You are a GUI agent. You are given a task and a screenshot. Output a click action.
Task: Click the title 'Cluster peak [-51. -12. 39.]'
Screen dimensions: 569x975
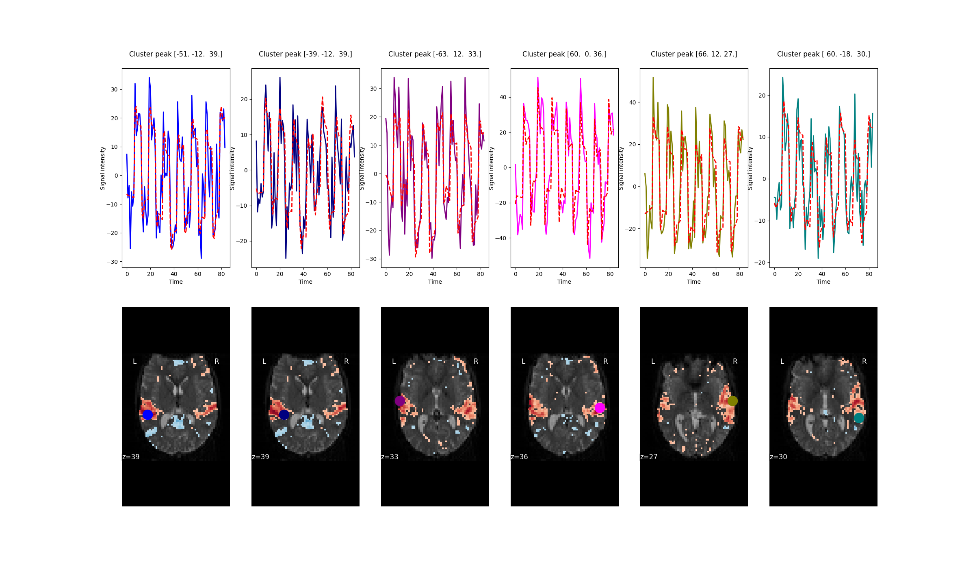click(175, 54)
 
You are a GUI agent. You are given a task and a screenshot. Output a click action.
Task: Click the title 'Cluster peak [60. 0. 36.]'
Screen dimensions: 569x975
click(564, 54)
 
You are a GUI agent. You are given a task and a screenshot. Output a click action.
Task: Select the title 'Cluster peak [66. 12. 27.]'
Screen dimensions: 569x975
click(693, 54)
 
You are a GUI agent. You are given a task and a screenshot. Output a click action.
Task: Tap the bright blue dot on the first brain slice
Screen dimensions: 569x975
click(147, 415)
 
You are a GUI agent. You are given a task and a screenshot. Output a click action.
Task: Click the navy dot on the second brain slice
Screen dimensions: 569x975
click(284, 415)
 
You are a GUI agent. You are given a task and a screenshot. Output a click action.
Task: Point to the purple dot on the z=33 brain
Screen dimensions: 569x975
click(400, 401)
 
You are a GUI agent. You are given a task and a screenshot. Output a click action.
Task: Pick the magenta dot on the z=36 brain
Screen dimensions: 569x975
click(600, 408)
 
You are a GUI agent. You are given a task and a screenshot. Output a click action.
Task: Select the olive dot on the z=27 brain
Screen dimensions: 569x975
click(732, 401)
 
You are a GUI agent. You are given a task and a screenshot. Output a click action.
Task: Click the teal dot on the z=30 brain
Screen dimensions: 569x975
click(859, 418)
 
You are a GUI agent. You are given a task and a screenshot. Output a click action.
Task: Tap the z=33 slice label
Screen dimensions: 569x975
click(390, 457)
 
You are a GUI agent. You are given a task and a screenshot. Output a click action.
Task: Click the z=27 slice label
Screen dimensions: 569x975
click(649, 457)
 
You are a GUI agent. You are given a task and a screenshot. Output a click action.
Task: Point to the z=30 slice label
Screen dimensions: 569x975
click(778, 457)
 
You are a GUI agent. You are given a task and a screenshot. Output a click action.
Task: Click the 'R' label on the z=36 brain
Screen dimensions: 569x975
click(605, 361)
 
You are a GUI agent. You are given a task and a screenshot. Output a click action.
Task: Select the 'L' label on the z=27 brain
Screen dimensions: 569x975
click(653, 361)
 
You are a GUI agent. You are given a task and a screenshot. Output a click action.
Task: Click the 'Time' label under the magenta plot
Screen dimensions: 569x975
click(564, 282)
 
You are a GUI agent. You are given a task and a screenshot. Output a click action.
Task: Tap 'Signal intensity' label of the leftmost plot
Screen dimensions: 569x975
click(103, 168)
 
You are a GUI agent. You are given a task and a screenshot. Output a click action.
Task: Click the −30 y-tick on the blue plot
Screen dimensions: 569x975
click(112, 262)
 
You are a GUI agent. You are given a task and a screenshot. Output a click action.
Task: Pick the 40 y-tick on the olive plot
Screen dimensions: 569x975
click(633, 102)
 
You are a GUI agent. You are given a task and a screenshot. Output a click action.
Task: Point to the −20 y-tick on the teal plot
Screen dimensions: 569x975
click(760, 263)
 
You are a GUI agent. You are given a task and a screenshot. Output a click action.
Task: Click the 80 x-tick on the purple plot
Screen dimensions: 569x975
click(480, 274)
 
